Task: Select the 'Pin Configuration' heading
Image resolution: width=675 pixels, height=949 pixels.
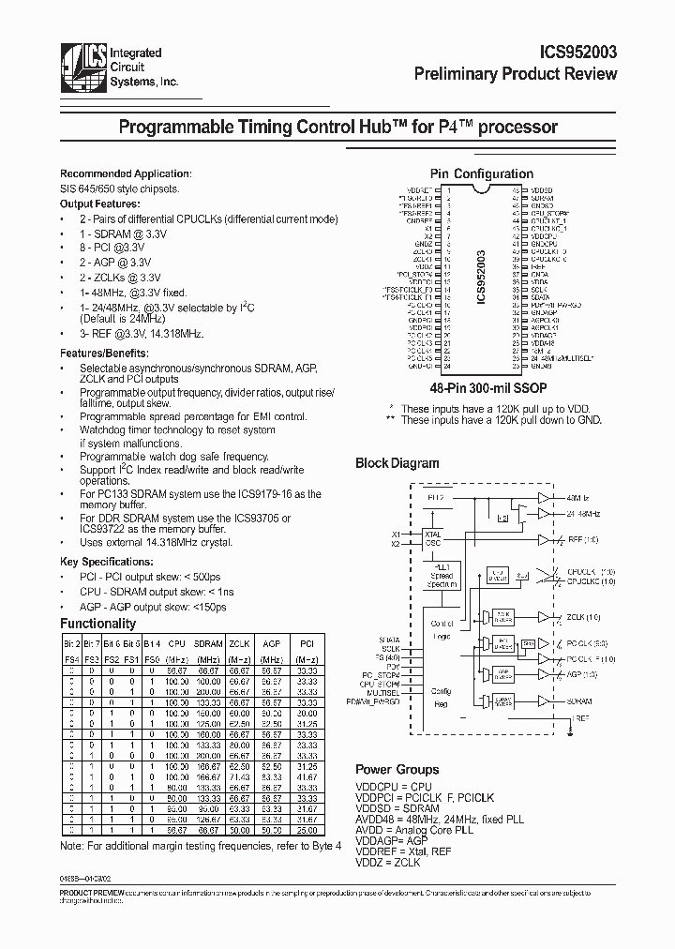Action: (481, 173)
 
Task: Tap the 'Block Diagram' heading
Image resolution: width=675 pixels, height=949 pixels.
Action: (397, 463)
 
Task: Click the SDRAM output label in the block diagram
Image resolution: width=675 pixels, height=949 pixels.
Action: (578, 700)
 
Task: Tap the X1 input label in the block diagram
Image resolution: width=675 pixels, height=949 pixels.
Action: (396, 535)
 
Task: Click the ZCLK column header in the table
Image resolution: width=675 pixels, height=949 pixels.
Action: (239, 644)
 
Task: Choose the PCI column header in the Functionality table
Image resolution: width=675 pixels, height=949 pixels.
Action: (305, 644)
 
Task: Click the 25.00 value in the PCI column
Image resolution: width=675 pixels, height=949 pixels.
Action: (305, 831)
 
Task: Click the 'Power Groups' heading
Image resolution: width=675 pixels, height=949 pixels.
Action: (397, 769)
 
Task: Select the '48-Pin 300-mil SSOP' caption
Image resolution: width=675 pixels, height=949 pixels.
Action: (482, 386)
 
